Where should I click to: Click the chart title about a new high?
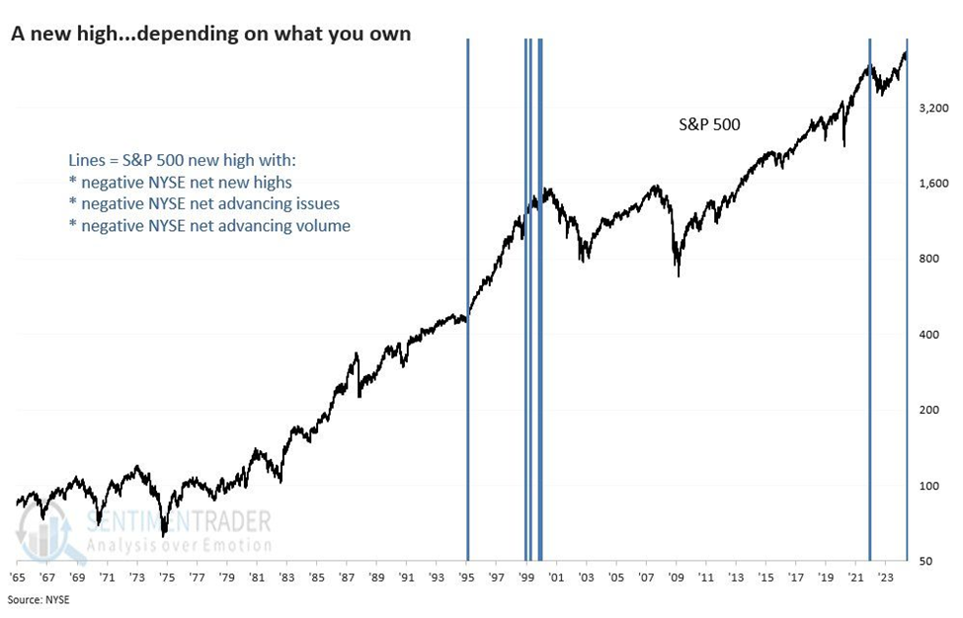pyautogui.click(x=210, y=34)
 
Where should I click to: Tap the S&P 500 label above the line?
pyautogui.click(x=708, y=124)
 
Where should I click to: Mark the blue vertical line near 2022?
pyautogui.click(x=869, y=296)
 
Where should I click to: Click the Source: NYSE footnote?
pyautogui.click(x=40, y=599)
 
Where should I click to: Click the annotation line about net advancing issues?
pyautogui.click(x=204, y=203)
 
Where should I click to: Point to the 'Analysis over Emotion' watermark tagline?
pyautogui.click(x=178, y=544)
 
